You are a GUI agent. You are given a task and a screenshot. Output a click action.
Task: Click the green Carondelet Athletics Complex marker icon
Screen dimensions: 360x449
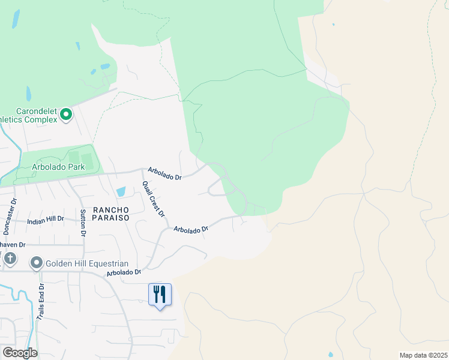[x=67, y=113]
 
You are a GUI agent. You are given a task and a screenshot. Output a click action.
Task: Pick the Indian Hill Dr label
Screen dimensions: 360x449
[x=45, y=220]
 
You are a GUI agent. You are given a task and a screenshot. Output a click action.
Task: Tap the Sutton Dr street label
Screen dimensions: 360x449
[x=83, y=221]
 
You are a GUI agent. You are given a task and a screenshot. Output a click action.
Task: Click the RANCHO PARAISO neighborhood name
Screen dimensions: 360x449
[x=111, y=214]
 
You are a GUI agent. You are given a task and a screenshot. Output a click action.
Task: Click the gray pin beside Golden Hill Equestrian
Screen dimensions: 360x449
[x=37, y=263]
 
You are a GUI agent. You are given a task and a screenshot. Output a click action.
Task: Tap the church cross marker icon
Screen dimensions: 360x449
[x=10, y=259]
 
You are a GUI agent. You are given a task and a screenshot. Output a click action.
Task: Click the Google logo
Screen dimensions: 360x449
[x=19, y=353]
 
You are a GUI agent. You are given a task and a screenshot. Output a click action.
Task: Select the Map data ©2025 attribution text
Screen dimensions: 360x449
[x=423, y=355]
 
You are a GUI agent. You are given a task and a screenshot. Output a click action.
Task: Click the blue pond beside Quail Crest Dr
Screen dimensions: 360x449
[x=121, y=192]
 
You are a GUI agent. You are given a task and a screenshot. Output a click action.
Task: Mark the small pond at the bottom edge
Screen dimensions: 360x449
[x=330, y=355]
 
